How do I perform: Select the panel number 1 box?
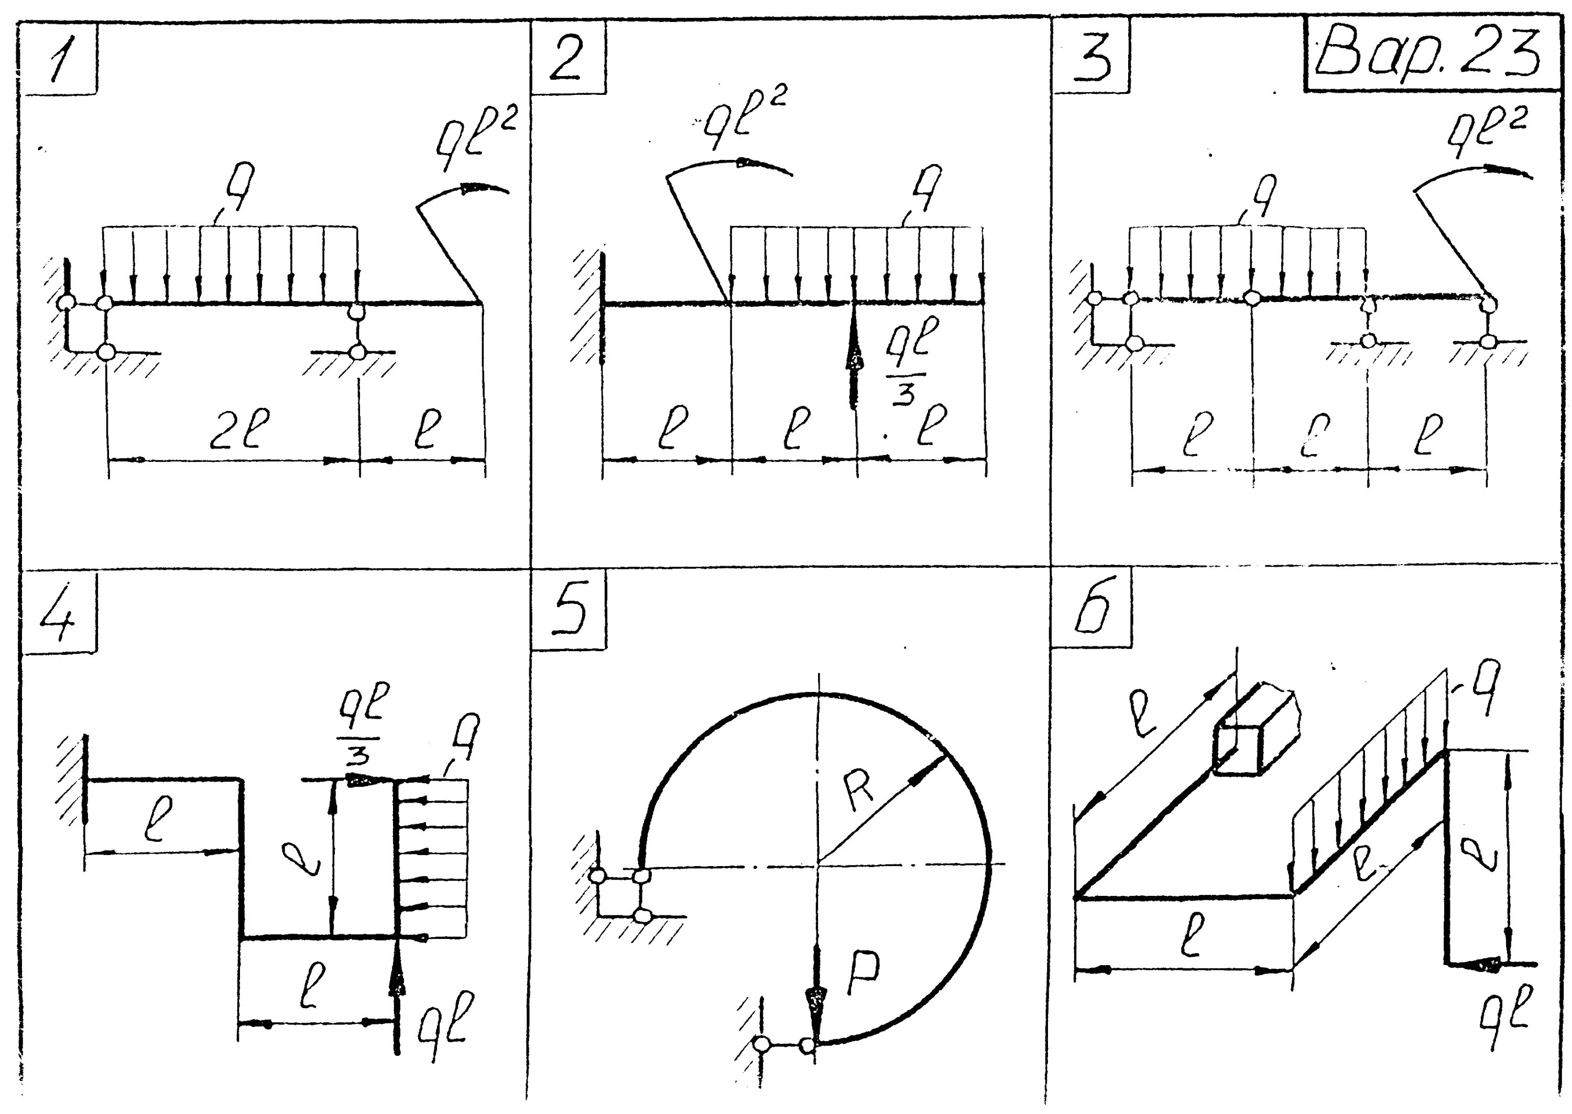[x=60, y=58]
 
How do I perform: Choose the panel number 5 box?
[x=569, y=611]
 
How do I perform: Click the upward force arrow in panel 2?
[x=854, y=356]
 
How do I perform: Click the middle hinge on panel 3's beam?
[x=1252, y=298]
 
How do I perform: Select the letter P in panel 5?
[x=863, y=975]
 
